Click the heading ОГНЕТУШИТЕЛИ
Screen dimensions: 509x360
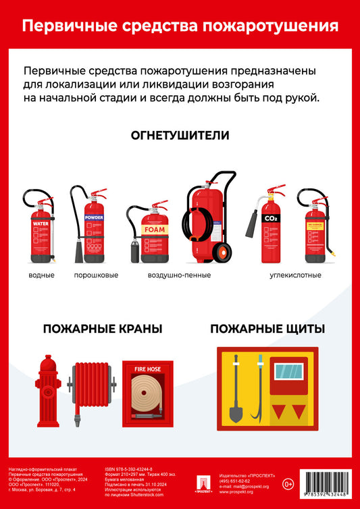pos(180,136)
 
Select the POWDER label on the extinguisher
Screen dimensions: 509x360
pos(94,218)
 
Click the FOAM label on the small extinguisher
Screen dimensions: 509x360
pos(154,230)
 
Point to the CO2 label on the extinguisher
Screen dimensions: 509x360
pos(270,219)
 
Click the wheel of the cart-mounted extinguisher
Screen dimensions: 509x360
pos(222,253)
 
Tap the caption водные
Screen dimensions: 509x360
pos(41,275)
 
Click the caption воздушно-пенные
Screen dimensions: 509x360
pos(179,275)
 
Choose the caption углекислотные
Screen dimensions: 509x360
pos(295,275)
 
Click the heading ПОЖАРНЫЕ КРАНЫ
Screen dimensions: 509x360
pos(102,329)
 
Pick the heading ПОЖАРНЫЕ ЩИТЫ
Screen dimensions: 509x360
pos(267,329)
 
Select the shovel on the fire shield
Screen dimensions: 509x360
pos(236,392)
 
